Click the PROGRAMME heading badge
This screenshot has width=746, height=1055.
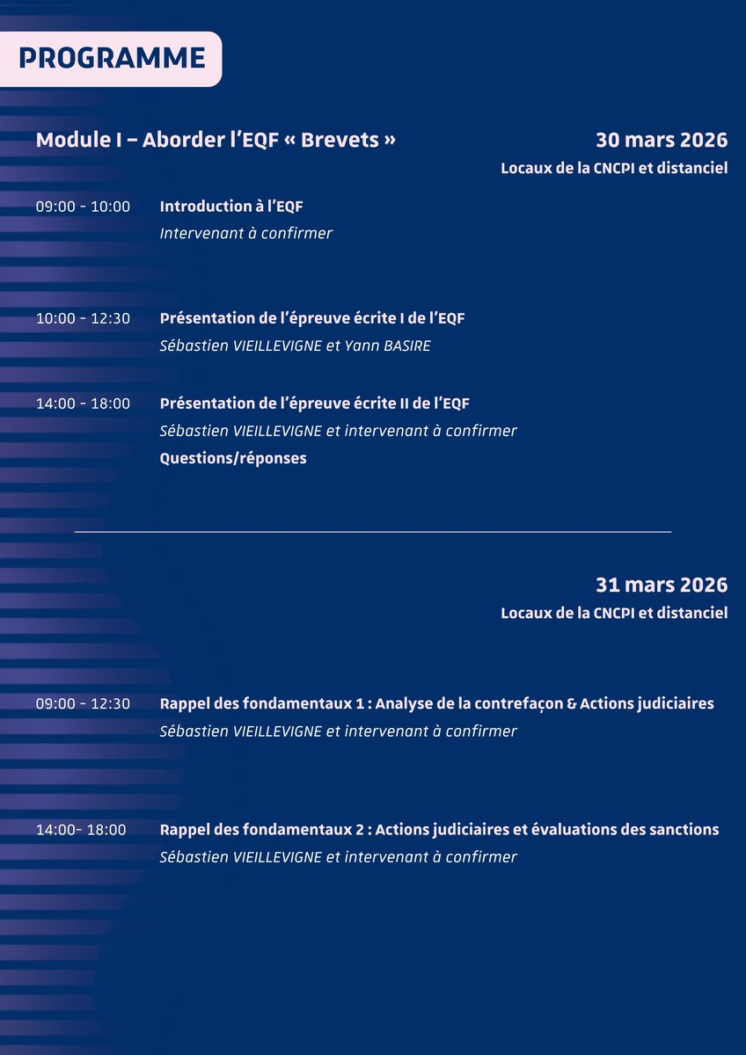pyautogui.click(x=111, y=58)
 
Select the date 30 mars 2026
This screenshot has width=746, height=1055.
pyautogui.click(x=662, y=140)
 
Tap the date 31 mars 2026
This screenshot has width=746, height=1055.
pyautogui.click(x=662, y=585)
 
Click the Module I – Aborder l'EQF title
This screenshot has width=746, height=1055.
pyautogui.click(x=216, y=140)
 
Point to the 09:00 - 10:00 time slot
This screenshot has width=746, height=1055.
pyautogui.click(x=83, y=207)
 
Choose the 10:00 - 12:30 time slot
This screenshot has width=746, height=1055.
pyautogui.click(x=83, y=318)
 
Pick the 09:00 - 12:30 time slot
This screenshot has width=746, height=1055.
pyautogui.click(x=83, y=703)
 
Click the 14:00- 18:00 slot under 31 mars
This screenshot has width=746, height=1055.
pyautogui.click(x=81, y=829)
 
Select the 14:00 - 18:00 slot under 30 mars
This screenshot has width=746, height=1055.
pyautogui.click(x=83, y=404)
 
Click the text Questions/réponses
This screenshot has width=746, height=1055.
pyautogui.click(x=233, y=458)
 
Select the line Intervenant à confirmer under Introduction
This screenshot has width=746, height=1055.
pyautogui.click(x=246, y=234)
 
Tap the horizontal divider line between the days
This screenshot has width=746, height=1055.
pyautogui.click(x=373, y=532)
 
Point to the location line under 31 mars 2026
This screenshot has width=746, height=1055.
pyautogui.click(x=614, y=613)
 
